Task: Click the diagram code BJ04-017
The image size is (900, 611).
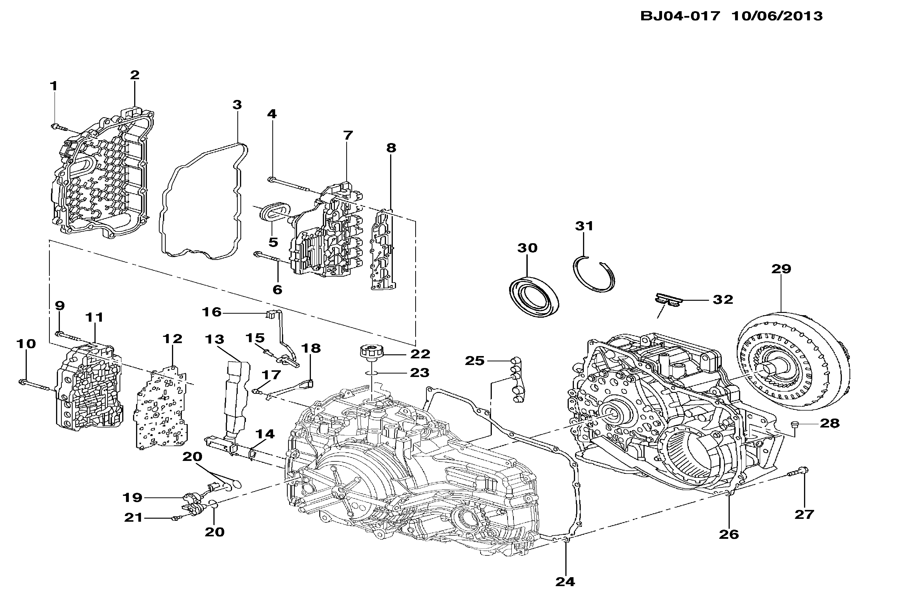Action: [680, 16]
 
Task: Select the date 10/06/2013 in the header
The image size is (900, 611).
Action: [777, 16]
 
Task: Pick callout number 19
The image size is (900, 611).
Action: [132, 497]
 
